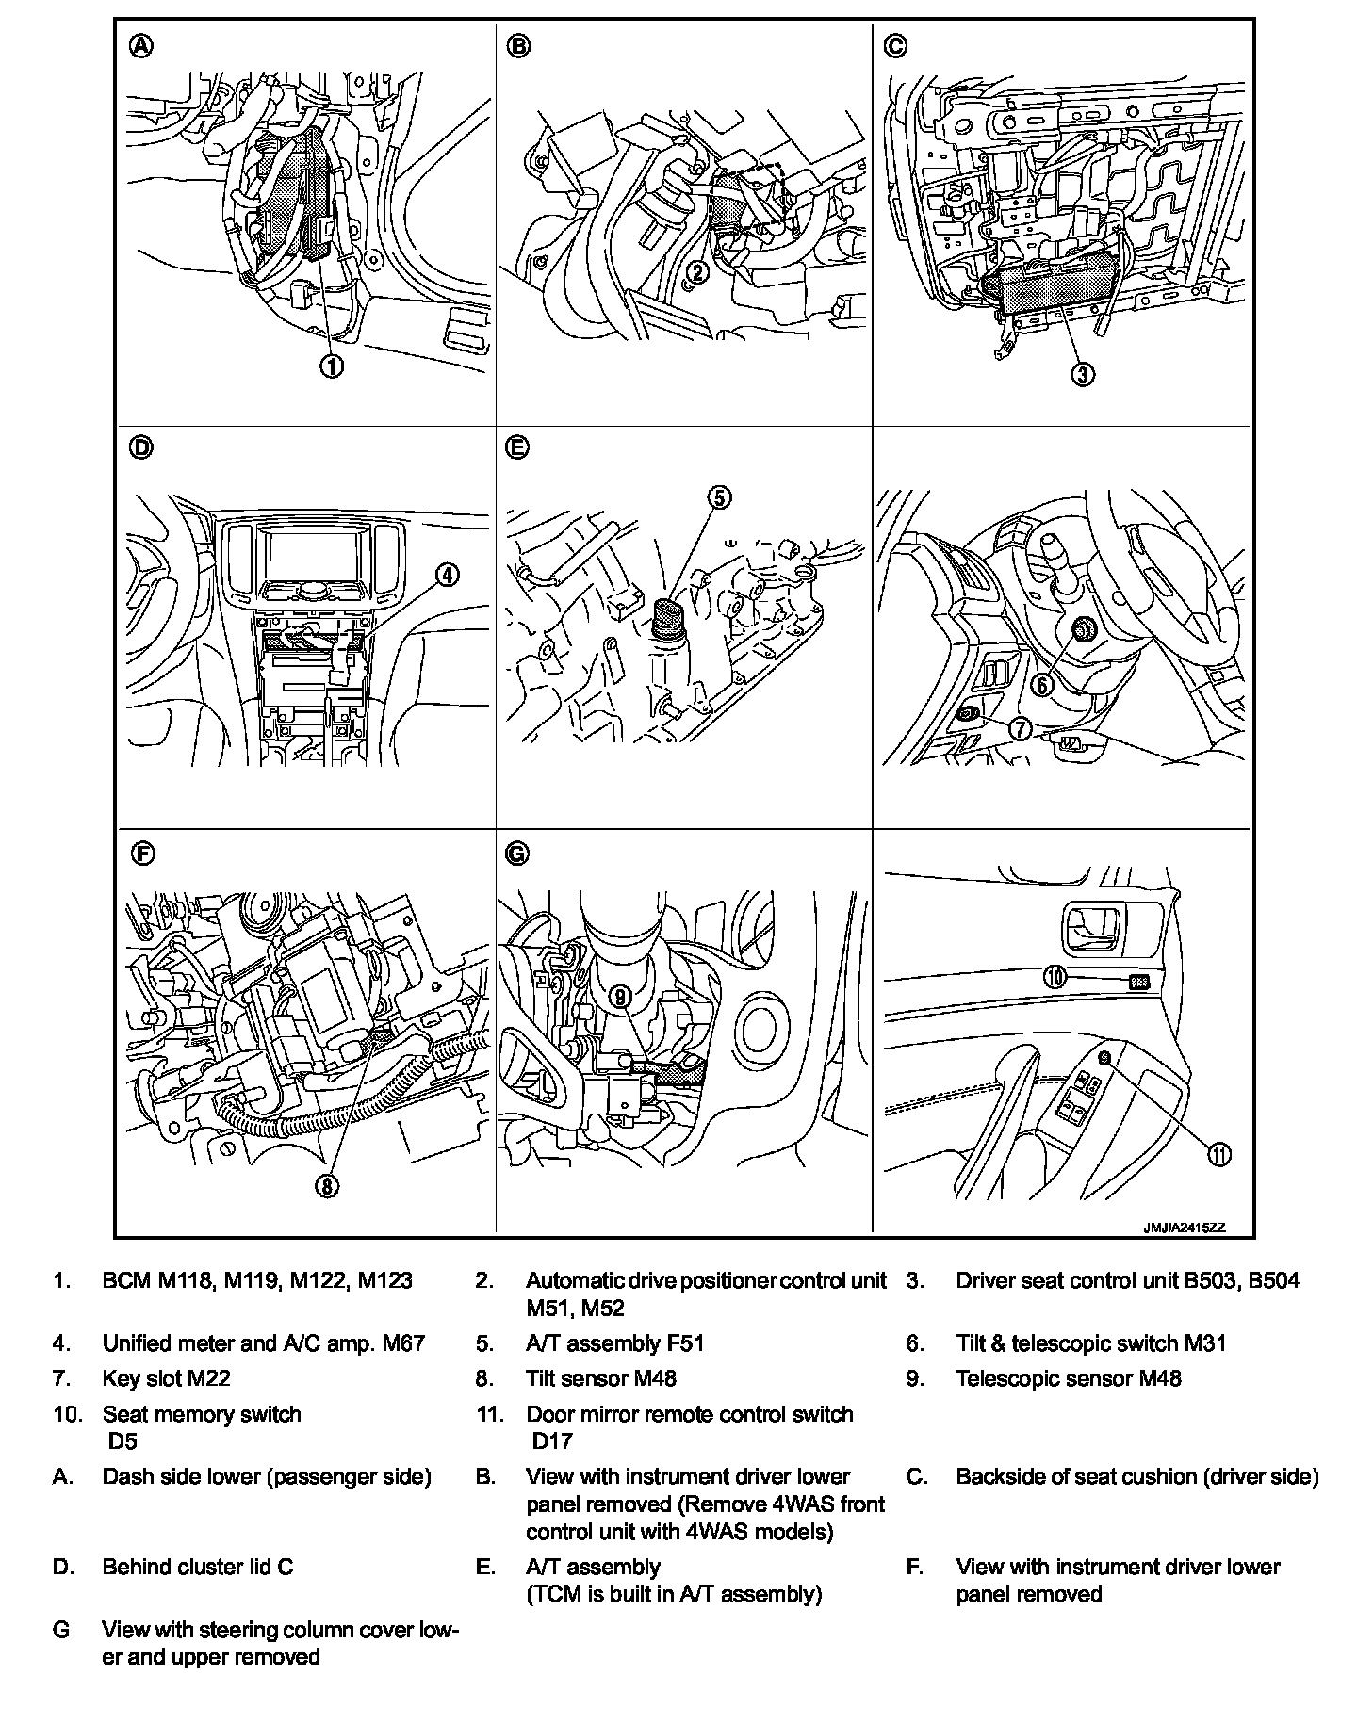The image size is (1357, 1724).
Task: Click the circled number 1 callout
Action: tap(332, 366)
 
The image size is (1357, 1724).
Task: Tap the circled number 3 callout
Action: tap(1083, 374)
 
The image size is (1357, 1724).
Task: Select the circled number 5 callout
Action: tap(719, 497)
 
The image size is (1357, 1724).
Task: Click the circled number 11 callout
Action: tap(1219, 1155)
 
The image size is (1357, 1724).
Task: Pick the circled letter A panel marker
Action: tap(140, 46)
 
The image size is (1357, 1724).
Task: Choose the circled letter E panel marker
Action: tap(517, 448)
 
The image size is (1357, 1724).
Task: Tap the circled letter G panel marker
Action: tap(517, 854)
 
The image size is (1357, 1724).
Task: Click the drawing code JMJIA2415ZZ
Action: tap(1184, 1228)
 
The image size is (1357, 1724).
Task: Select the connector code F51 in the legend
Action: tap(685, 1343)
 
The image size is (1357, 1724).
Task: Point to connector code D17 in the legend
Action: tap(551, 1440)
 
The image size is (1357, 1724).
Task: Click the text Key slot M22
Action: tap(166, 1378)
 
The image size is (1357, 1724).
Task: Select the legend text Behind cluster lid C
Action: tap(198, 1567)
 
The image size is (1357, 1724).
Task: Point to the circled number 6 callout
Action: tap(1041, 684)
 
